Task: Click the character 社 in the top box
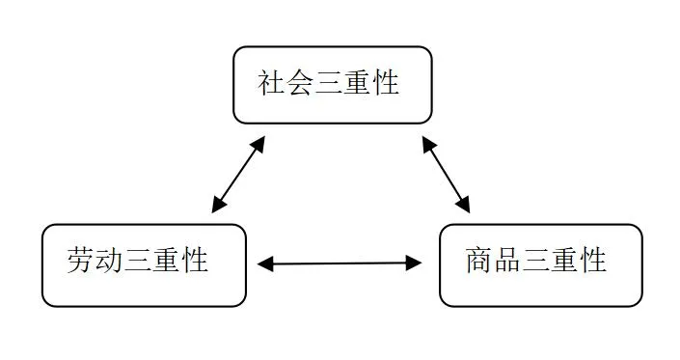point(272,83)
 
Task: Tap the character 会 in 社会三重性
point(301,83)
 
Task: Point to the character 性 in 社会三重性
point(386,83)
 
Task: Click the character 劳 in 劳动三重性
point(81,261)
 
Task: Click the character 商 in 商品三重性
point(479,261)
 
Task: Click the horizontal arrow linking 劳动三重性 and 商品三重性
point(340,263)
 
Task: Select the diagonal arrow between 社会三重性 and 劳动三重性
point(238,174)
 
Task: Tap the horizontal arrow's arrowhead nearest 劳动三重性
point(265,263)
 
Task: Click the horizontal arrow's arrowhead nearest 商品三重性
point(415,263)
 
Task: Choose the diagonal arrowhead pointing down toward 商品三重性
point(464,205)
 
